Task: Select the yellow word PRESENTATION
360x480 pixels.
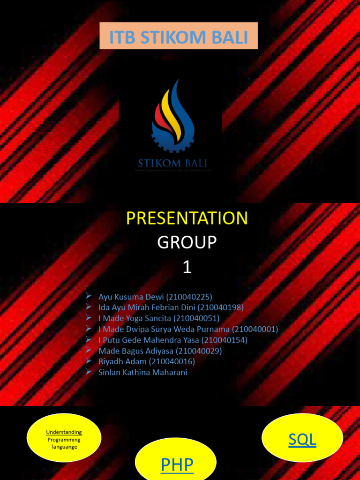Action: (x=187, y=218)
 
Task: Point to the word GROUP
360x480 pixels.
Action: (x=187, y=242)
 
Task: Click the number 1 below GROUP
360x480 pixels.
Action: (x=187, y=267)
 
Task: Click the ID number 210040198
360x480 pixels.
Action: (x=220, y=307)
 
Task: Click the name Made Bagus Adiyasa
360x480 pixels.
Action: (x=135, y=351)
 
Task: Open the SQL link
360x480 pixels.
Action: (x=302, y=439)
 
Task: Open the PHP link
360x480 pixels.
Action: (x=177, y=465)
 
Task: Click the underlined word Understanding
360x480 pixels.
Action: (x=64, y=432)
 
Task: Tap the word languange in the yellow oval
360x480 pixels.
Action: (x=64, y=447)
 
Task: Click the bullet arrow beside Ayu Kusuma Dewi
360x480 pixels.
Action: (x=88, y=296)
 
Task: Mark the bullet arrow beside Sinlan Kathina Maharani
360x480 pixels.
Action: (x=88, y=371)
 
